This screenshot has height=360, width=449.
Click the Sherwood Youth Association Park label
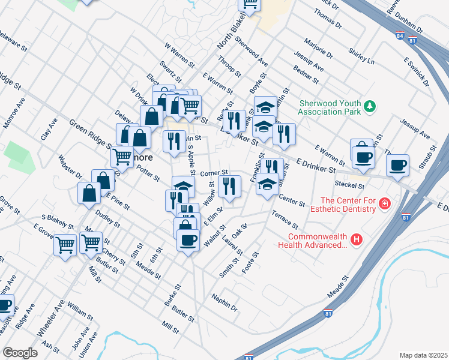(x=330, y=107)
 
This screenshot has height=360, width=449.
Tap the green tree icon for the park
(x=371, y=106)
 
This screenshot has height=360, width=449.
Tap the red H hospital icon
(x=357, y=240)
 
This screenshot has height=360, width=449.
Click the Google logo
(x=20, y=352)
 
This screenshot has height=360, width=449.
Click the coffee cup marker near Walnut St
(x=188, y=240)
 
